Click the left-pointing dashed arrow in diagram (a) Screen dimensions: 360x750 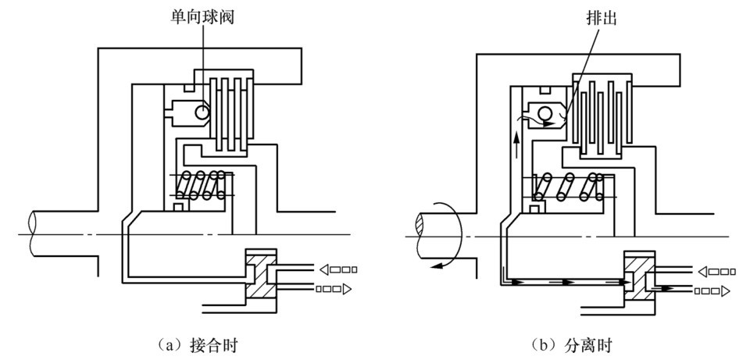338,270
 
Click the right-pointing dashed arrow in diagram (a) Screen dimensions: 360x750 331,290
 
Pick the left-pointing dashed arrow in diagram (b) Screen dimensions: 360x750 716,272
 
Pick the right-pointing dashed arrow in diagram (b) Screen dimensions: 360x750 710,291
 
